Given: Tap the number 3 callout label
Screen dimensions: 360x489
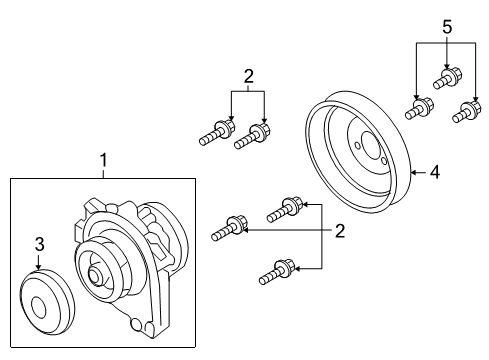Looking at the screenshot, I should tap(38, 244).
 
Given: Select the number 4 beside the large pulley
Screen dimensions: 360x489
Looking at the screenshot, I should tap(434, 172).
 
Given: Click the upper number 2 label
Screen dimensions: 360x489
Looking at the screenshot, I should tap(247, 74).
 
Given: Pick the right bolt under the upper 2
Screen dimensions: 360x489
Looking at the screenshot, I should tap(253, 137).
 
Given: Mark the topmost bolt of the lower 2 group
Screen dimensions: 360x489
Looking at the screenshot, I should tap(285, 210).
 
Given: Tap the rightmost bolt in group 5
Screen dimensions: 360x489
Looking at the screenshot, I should tap(463, 113).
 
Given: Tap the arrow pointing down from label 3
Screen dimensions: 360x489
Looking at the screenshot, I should tap(38, 262).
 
